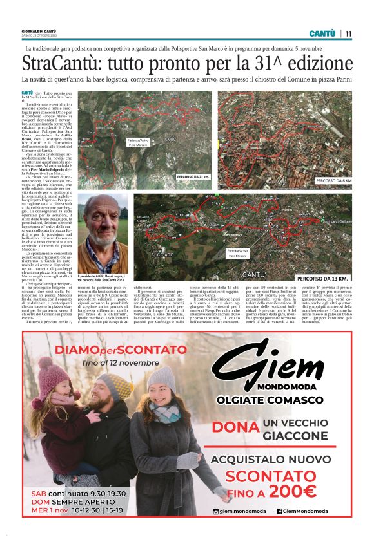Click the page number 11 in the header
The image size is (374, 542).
click(348, 33)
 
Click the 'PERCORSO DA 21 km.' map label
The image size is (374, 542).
click(194, 176)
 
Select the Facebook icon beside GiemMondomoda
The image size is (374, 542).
click(280, 512)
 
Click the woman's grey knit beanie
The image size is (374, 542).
click(161, 379)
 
